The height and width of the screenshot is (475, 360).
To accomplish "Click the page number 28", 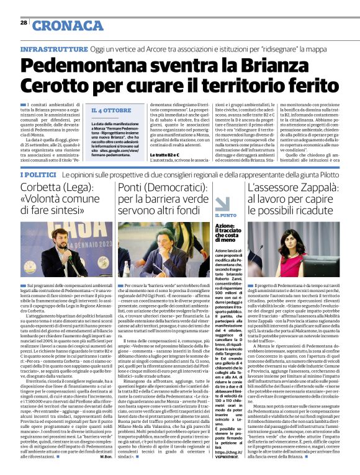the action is point(24,22).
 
